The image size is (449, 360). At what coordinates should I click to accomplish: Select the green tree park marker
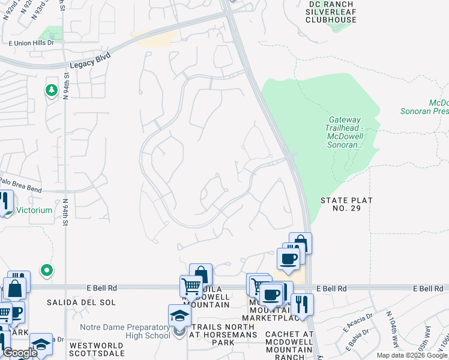click(52, 91)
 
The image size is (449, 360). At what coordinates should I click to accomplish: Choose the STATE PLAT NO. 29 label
click(346, 205)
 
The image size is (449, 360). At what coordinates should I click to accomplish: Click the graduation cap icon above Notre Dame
click(179, 315)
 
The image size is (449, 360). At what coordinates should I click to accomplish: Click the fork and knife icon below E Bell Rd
click(302, 304)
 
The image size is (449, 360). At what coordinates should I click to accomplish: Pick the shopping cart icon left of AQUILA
click(191, 287)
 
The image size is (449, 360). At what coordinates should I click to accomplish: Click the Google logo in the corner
click(19, 353)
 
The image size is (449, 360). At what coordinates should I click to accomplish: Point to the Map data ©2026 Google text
click(412, 355)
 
